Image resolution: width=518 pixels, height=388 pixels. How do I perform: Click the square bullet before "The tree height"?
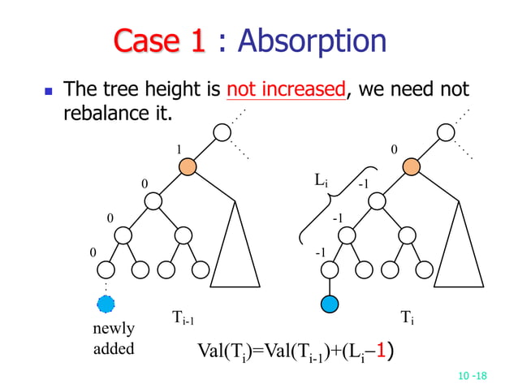pyautogui.click(x=41, y=89)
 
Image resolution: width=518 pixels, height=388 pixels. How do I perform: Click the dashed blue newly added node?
pyautogui.click(x=106, y=304)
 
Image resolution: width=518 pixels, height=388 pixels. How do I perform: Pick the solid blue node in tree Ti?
pyautogui.click(x=330, y=304)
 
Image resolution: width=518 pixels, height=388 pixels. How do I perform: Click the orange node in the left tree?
pyautogui.click(x=188, y=167)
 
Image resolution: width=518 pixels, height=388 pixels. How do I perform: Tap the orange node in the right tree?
pyautogui.click(x=411, y=167)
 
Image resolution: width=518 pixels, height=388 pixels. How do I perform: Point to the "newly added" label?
pyautogui.click(x=114, y=338)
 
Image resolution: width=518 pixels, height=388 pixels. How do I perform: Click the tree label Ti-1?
pyautogui.click(x=182, y=317)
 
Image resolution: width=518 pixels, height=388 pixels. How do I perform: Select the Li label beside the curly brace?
pyautogui.click(x=321, y=179)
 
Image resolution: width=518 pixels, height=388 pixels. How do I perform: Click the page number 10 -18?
pyautogui.click(x=472, y=376)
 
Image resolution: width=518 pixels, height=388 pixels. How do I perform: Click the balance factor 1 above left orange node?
pyautogui.click(x=179, y=149)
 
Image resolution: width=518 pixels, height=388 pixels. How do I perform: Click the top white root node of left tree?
pyautogui.click(x=222, y=132)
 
